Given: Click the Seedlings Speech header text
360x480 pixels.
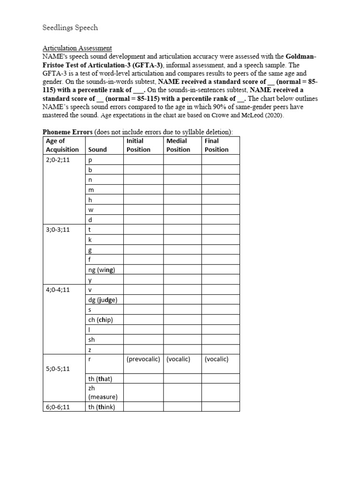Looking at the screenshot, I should (x=70, y=28).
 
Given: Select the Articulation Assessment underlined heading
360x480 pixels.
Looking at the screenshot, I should (x=77, y=48).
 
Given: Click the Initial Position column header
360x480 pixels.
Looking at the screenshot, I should (x=138, y=145).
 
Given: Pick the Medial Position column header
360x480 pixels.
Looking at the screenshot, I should (x=178, y=145).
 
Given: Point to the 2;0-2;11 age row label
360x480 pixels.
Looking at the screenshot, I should (x=58, y=160).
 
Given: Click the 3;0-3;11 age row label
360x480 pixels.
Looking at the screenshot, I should (x=58, y=230).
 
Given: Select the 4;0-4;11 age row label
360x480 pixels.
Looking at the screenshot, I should (x=58, y=290).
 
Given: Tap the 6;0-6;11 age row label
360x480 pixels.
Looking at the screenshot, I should (x=58, y=406).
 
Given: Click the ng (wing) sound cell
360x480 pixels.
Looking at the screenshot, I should (x=102, y=270).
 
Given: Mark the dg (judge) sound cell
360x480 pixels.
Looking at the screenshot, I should (x=103, y=300).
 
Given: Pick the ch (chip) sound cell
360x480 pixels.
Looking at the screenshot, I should (x=101, y=320).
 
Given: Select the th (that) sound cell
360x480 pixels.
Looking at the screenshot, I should (x=100, y=379).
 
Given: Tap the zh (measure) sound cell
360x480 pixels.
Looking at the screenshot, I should (x=103, y=392).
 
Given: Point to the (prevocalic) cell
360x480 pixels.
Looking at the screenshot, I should (x=143, y=359).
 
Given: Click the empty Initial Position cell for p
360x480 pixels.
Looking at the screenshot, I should (x=143, y=160).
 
